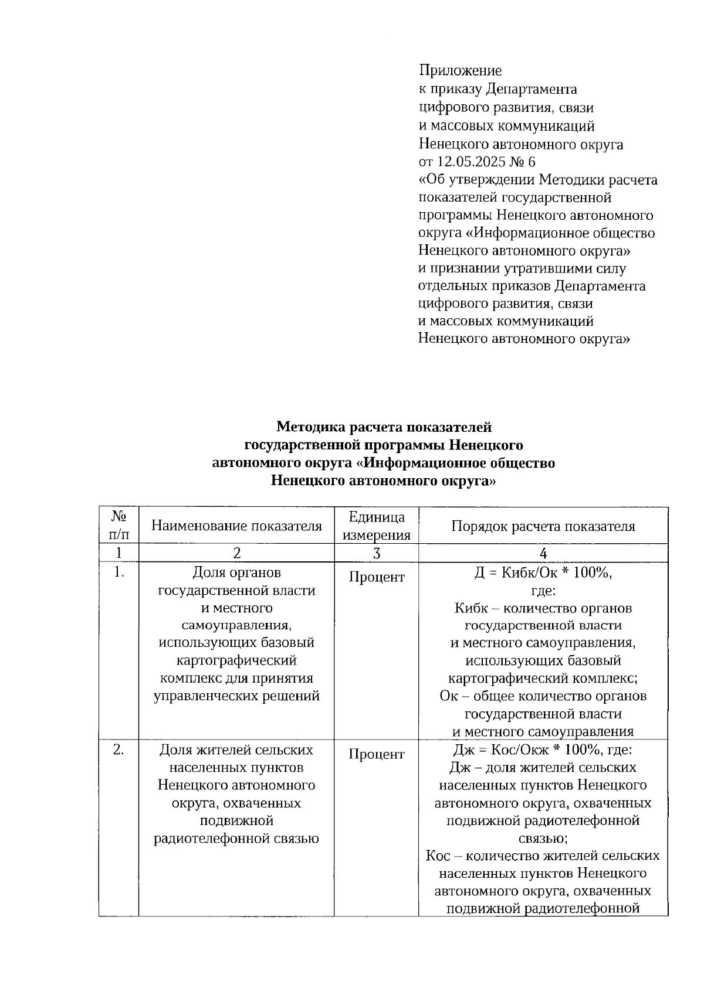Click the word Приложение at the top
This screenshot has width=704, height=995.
460,71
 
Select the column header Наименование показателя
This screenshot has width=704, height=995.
236,526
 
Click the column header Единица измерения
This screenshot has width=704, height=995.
376,526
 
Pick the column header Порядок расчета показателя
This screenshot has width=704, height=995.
543,526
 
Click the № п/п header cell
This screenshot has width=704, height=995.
119,525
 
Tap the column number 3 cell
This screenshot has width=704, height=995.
376,553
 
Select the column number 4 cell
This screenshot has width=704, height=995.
543,553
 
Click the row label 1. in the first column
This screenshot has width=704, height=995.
119,573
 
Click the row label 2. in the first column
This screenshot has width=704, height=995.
119,750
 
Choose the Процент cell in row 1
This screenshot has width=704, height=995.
376,577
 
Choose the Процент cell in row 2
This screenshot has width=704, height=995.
376,754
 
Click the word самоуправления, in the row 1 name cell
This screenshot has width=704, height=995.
236,625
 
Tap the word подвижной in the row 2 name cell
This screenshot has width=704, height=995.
236,820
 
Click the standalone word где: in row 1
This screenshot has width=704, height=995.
543,591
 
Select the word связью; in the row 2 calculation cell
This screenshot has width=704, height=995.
543,839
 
